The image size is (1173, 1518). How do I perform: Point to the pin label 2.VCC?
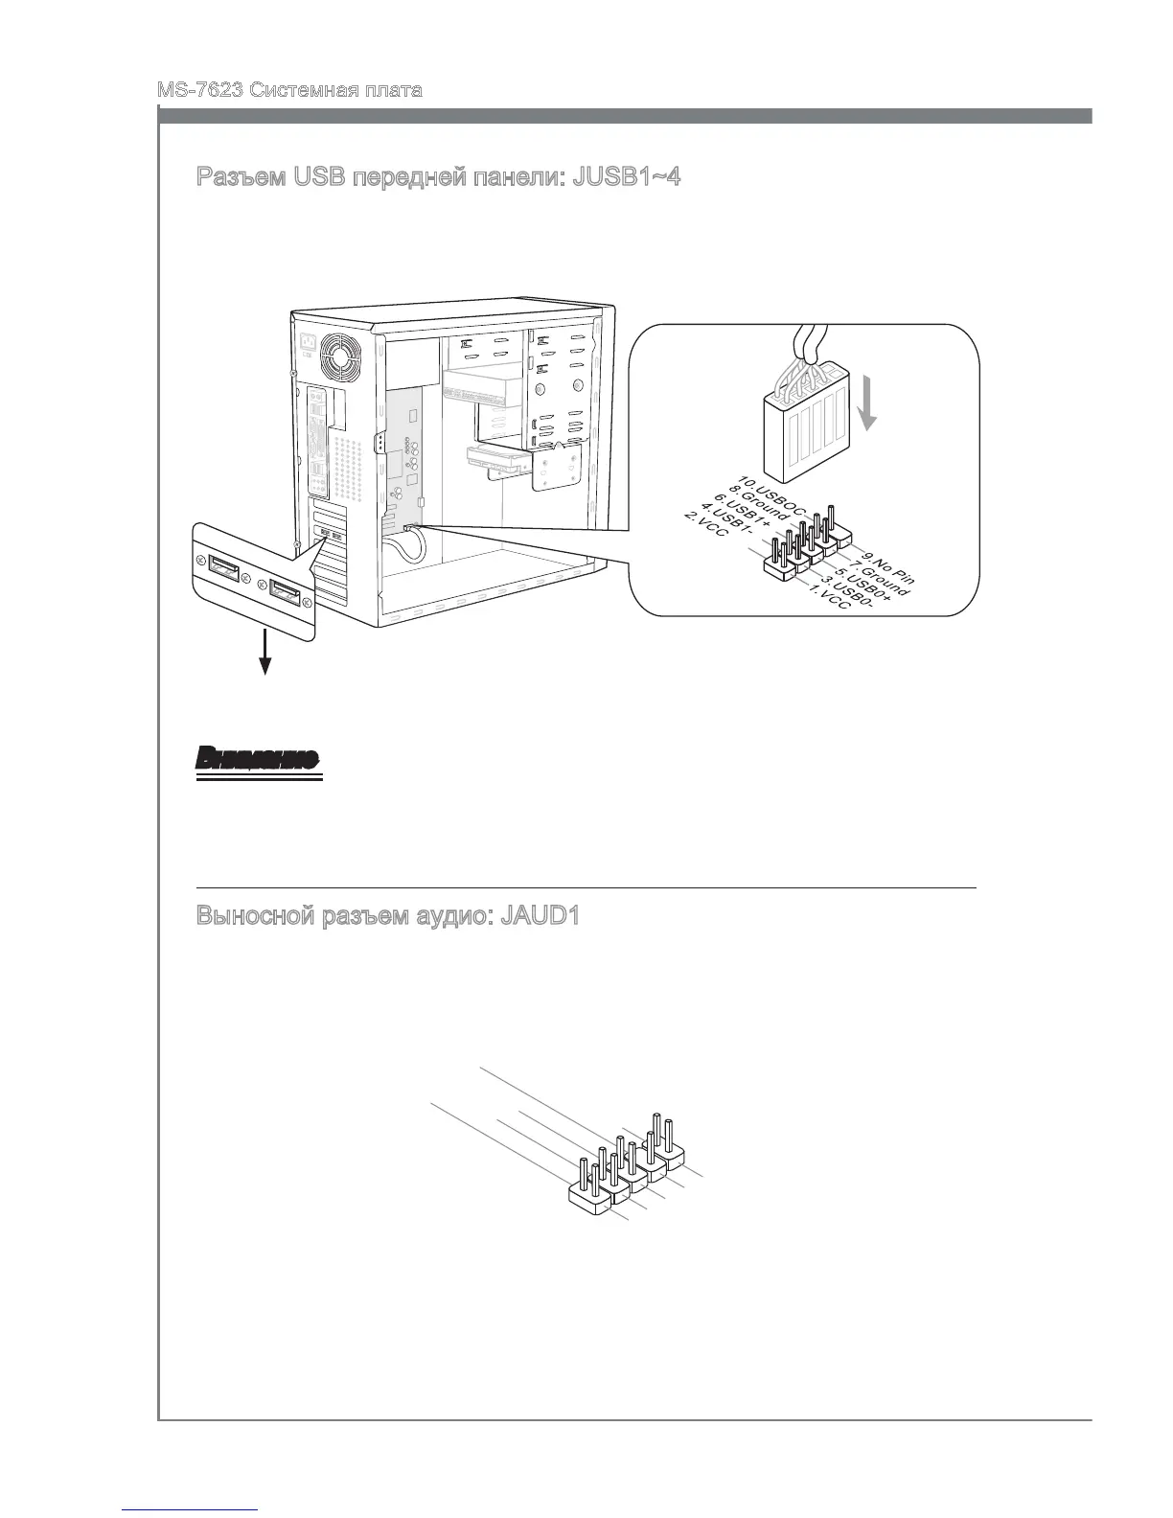(x=705, y=531)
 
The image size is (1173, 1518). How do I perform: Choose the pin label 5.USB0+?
(x=865, y=585)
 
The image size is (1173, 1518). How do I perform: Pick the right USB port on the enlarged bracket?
(x=284, y=593)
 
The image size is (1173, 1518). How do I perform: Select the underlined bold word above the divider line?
(x=257, y=760)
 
